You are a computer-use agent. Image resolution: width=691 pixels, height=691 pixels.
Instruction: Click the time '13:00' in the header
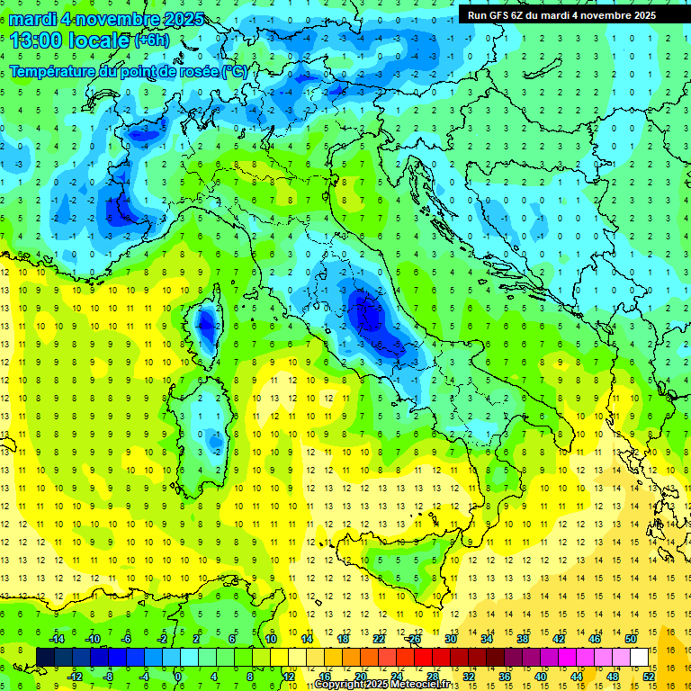point(36,40)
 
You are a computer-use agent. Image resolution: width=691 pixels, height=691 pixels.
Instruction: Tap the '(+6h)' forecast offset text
point(155,40)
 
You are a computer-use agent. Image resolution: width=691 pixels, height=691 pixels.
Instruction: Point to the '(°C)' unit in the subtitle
point(233,71)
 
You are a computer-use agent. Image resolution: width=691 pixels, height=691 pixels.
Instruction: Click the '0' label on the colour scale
point(178,676)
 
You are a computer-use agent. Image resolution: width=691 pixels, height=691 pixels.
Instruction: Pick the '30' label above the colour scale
point(451,638)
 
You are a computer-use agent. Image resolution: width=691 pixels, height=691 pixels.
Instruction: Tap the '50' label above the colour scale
point(630,638)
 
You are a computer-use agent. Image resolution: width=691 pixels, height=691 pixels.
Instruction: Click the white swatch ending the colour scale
point(639,657)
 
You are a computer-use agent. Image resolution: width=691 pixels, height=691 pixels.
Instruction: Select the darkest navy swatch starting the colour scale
point(45,657)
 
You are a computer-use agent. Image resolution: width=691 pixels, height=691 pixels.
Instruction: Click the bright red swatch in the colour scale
point(423,657)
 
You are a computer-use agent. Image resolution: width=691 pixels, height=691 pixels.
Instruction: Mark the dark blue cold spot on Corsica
point(207,321)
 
